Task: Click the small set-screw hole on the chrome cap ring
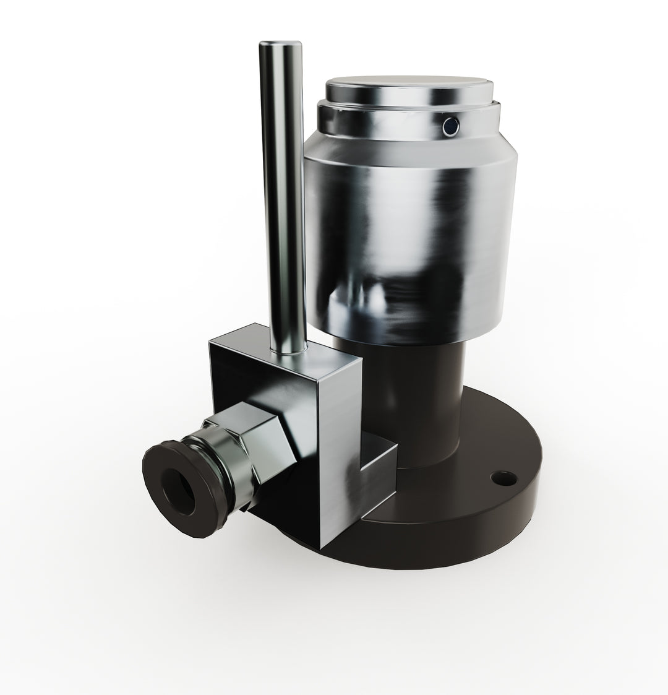pyautogui.click(x=451, y=126)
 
